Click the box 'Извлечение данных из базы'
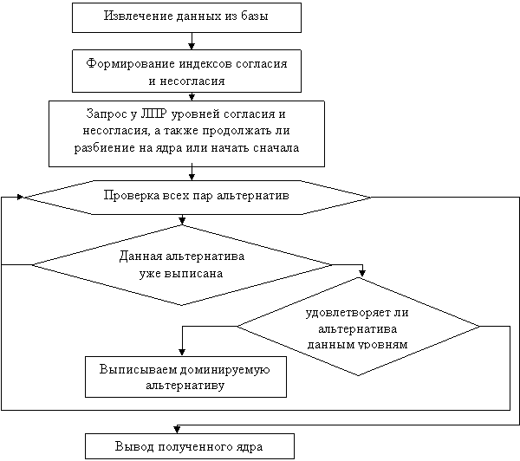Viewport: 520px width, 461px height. click(186, 17)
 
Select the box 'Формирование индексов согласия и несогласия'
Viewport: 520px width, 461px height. click(186, 72)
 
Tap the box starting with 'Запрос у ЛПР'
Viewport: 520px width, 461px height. click(186, 132)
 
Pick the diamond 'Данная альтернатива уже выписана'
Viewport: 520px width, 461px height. click(181, 264)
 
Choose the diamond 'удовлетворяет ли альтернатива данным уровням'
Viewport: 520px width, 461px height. click(358, 327)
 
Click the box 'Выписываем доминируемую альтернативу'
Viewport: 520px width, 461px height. click(185, 377)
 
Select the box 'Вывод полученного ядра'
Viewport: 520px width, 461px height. click(189, 446)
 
